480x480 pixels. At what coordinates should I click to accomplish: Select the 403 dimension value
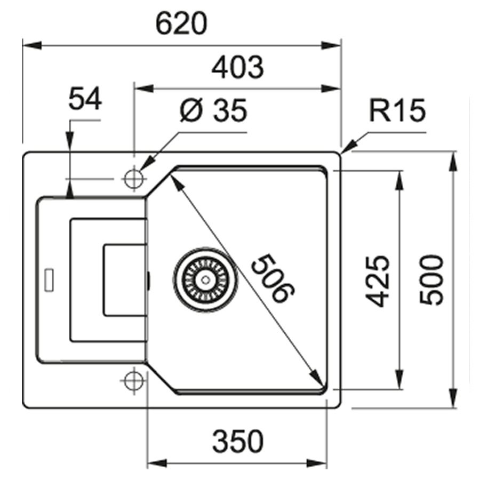(237, 68)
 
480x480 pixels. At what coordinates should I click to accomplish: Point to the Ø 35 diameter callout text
(213, 111)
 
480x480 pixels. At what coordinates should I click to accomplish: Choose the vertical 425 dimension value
(379, 281)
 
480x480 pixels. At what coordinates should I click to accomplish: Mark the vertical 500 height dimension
(431, 281)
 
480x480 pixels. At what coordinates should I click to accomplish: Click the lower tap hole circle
(132, 380)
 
